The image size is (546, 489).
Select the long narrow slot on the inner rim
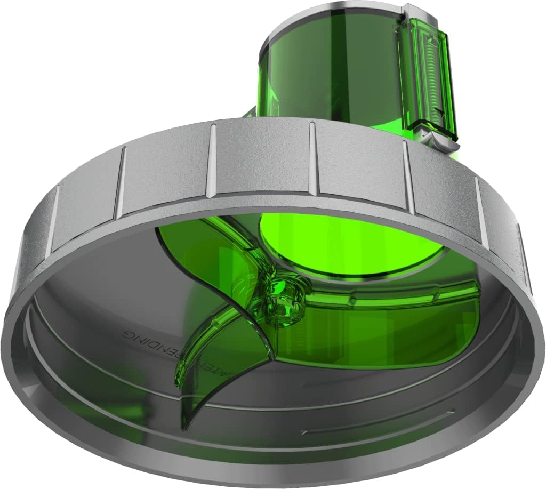pyautogui.click(x=373, y=421)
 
